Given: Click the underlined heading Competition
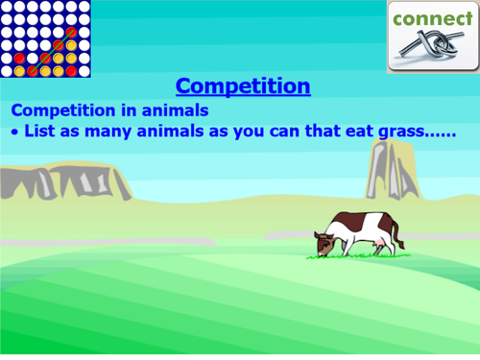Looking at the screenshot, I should point(243,86).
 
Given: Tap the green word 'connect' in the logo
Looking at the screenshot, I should point(432,18).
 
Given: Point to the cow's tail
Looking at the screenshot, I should point(396,235).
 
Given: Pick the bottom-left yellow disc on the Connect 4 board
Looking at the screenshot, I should point(9,70).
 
